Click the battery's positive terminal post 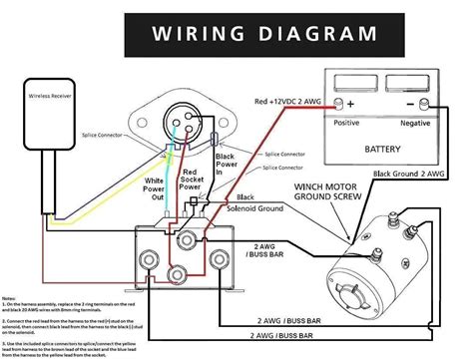click(350, 104)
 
